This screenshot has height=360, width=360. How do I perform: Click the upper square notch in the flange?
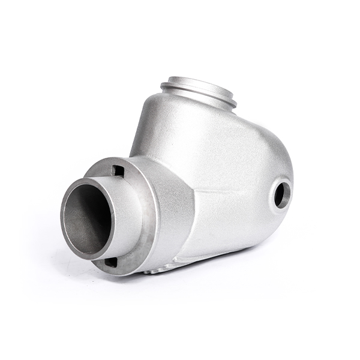pyautogui.click(x=118, y=171)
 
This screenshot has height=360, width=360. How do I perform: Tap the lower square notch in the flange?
pyautogui.click(x=111, y=262)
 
